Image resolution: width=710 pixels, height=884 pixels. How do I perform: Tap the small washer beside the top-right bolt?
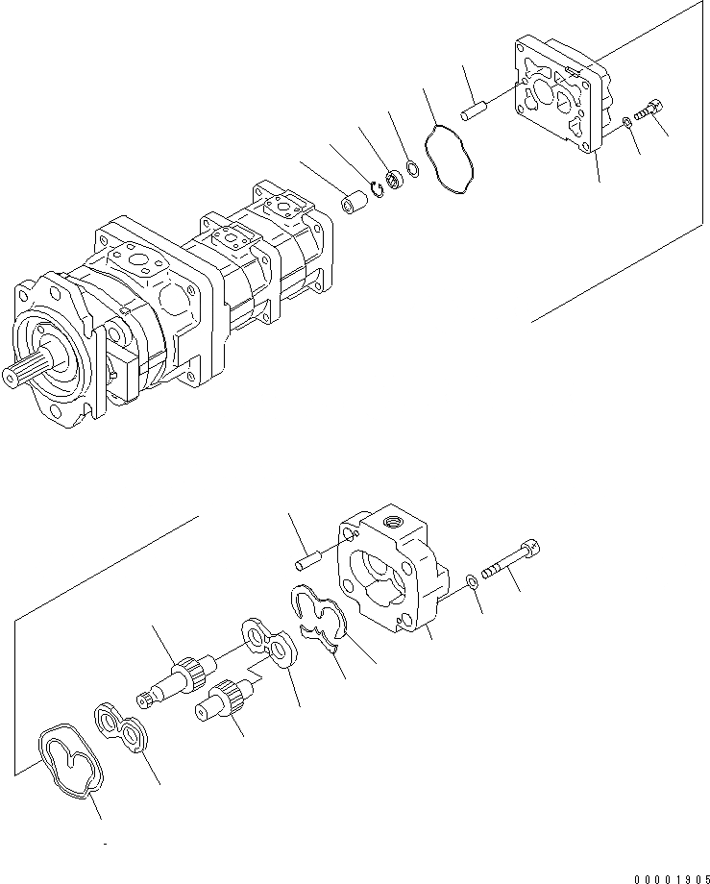point(625,122)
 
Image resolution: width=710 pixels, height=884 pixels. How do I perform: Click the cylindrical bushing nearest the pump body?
point(355,206)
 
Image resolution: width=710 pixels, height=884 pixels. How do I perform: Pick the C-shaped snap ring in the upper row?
point(379,192)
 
